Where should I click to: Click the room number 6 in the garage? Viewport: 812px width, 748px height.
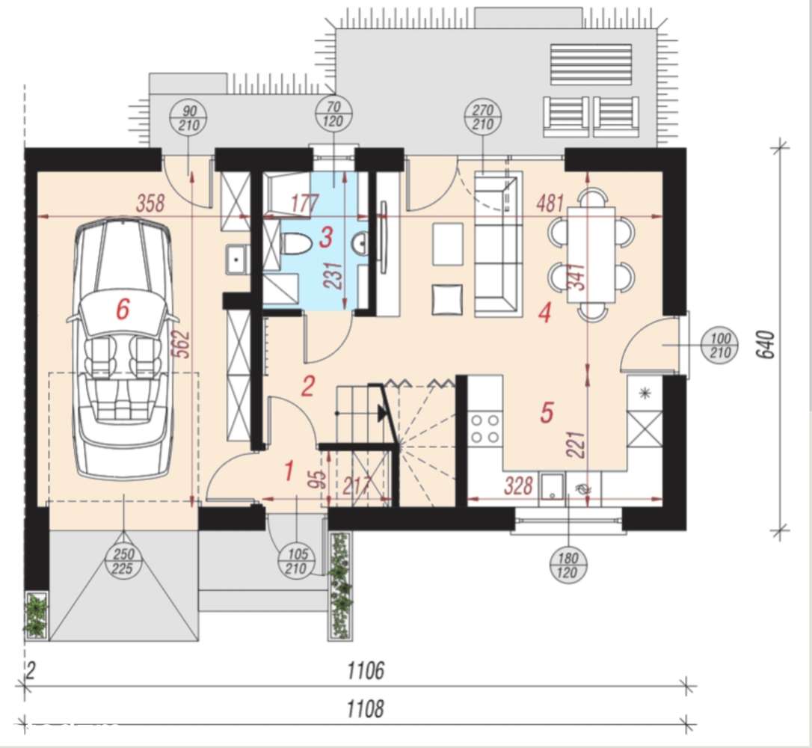(122, 310)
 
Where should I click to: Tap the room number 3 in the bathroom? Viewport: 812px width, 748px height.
(326, 238)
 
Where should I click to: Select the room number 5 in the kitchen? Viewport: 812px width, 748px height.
(547, 412)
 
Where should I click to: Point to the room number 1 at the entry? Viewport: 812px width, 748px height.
(289, 471)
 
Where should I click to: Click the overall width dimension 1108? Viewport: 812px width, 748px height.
(366, 708)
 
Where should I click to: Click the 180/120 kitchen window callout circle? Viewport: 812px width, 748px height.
(568, 565)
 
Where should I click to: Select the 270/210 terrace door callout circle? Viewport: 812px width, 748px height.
(483, 117)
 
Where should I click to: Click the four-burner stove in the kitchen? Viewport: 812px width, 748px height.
(485, 429)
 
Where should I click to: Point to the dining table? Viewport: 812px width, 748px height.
(591, 255)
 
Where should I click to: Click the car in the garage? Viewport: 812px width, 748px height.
(123, 347)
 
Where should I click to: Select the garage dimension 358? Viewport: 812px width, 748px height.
(150, 203)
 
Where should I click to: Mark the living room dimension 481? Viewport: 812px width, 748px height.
(550, 203)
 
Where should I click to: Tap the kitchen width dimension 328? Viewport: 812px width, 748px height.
(519, 486)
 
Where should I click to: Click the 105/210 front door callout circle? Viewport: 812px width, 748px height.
(296, 562)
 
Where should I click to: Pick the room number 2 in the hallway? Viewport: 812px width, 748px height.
(307, 386)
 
